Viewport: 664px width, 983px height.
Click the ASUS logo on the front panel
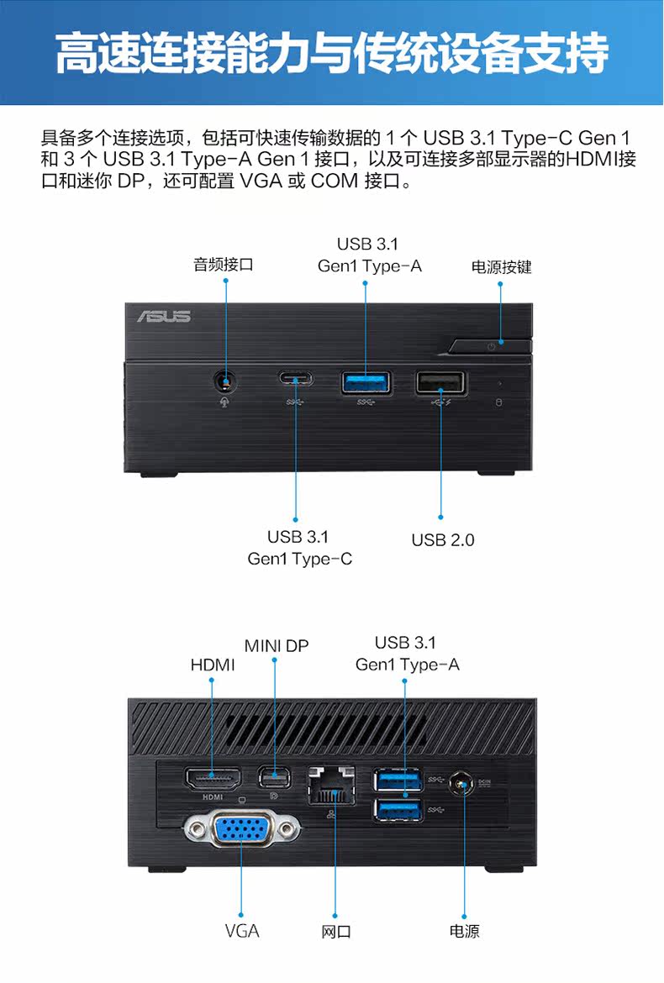165,316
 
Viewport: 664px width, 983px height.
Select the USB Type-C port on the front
295,380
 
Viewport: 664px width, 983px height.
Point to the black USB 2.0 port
440,383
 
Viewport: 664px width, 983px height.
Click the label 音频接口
224,265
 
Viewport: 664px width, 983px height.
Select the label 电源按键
501,267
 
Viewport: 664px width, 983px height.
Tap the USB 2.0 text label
443,540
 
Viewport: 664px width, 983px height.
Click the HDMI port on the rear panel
213,778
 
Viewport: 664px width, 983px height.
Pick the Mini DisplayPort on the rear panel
274,777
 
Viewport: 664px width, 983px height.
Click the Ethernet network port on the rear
333,784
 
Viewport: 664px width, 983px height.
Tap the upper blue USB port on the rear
399,780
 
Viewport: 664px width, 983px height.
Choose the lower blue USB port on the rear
399,810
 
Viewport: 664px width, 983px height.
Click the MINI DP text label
277,646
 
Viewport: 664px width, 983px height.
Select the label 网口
336,932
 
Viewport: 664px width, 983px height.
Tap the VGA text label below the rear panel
242,931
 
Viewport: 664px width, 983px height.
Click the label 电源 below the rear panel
464,931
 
